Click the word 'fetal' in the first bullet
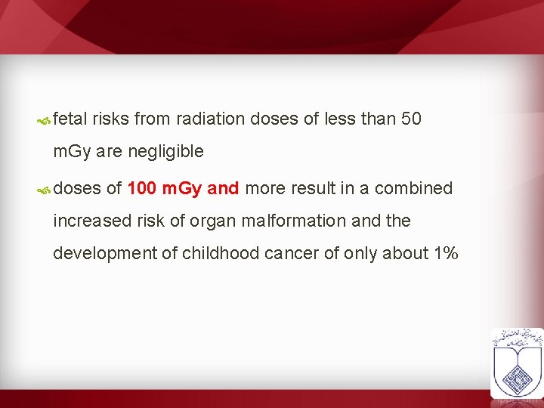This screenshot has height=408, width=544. tap(70, 119)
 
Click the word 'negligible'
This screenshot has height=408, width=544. tap(165, 151)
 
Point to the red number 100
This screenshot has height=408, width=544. tap(142, 188)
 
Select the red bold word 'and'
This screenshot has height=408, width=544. tap(223, 188)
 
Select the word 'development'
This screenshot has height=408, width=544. tap(104, 253)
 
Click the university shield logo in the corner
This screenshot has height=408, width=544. tap(516, 363)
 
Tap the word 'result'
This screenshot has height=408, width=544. tap(313, 188)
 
